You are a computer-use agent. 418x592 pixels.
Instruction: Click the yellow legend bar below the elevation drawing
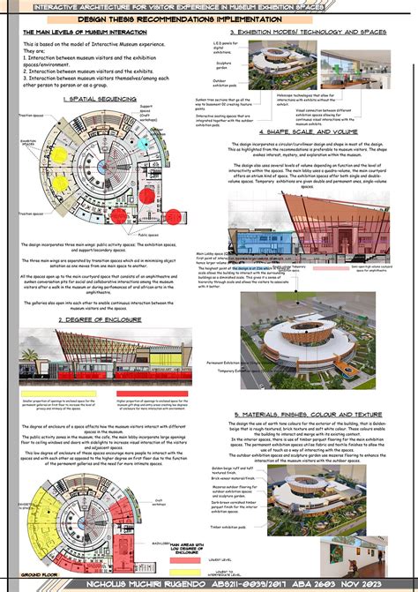point(52,398)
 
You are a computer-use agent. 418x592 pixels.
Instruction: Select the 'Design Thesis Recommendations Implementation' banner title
point(208,18)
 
